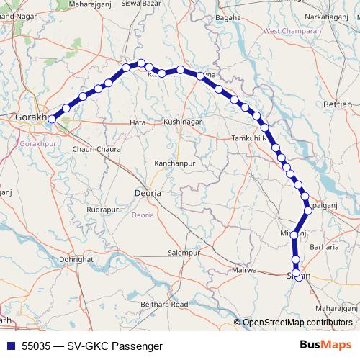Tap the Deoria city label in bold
pos(148,194)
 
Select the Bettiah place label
pos(338,104)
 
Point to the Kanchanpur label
pos(175,164)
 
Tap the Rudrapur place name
pos(101,209)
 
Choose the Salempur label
pos(183,253)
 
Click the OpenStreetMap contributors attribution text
pos(297,323)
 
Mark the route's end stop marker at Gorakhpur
pos(51,120)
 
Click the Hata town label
pos(137,123)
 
